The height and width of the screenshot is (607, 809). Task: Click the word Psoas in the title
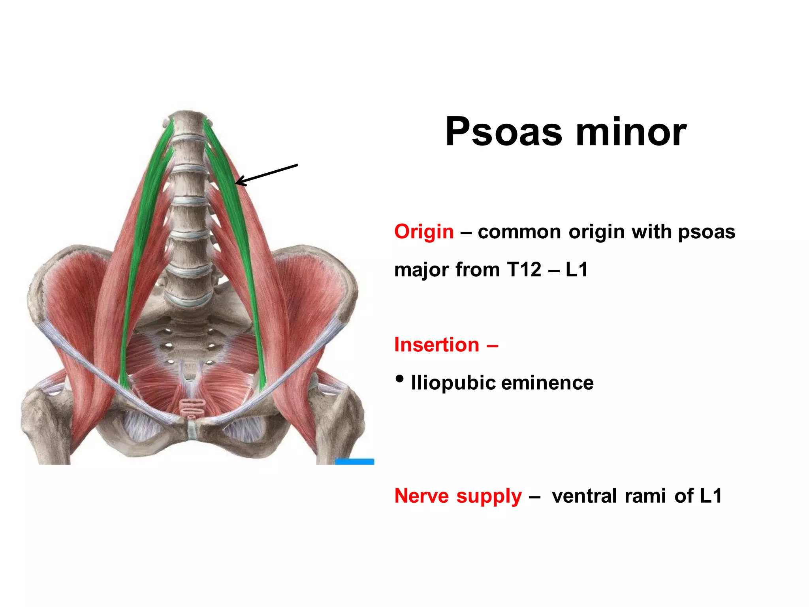(x=504, y=132)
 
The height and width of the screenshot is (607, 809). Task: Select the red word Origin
(x=424, y=232)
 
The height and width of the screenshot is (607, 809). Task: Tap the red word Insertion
(x=436, y=345)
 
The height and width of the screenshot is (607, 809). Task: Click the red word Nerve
(x=421, y=496)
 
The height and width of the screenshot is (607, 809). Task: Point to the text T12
(x=524, y=270)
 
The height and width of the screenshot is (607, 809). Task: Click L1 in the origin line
(x=576, y=270)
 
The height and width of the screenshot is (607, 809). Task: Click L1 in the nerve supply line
(x=710, y=496)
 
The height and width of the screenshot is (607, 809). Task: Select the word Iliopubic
(x=453, y=383)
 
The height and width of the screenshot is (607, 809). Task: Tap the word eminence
(x=547, y=383)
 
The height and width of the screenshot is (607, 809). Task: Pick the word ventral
(x=584, y=496)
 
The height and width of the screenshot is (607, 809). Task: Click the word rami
(x=645, y=496)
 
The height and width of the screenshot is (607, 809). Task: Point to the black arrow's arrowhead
(x=237, y=183)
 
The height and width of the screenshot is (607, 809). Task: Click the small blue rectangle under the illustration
(x=354, y=462)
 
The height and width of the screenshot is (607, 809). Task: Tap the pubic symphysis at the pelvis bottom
(x=192, y=429)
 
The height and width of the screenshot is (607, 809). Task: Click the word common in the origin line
(x=519, y=232)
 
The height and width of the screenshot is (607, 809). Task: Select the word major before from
(x=421, y=270)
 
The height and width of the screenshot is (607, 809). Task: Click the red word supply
(x=489, y=496)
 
